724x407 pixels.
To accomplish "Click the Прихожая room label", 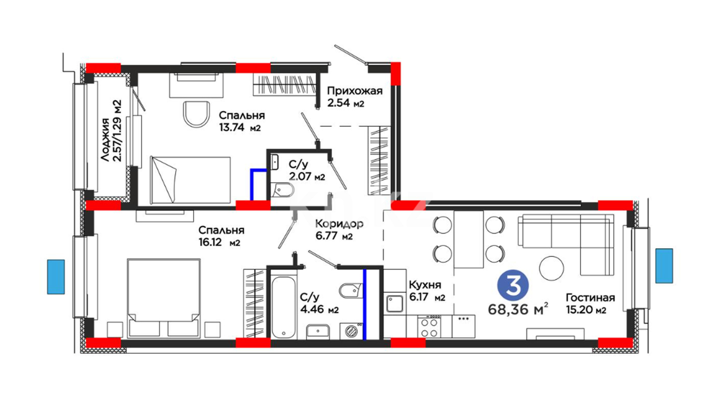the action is point(354,91).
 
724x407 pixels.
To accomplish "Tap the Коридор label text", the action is point(339,224).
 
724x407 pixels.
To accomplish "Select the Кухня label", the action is point(425,285).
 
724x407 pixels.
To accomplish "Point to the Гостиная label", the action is point(590,298).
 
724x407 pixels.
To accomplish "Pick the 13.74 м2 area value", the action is point(240,127).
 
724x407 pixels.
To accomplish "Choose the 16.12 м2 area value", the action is point(219,242).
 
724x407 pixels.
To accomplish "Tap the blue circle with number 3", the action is point(513,285).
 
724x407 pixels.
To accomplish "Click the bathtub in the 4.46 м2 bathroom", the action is point(284,308).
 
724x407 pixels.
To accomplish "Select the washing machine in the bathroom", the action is point(351,331).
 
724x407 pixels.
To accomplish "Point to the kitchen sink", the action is point(395,304).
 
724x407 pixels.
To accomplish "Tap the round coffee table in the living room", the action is point(552,268).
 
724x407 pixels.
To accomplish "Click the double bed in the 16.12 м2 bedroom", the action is point(164,298).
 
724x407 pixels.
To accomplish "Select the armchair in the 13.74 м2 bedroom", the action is point(196,114).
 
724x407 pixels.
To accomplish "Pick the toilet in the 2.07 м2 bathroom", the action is point(282,190).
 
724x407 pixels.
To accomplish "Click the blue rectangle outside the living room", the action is point(664,266).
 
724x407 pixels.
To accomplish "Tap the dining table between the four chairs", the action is point(469,240).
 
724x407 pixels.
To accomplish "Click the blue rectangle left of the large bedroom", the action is point(56,277).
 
